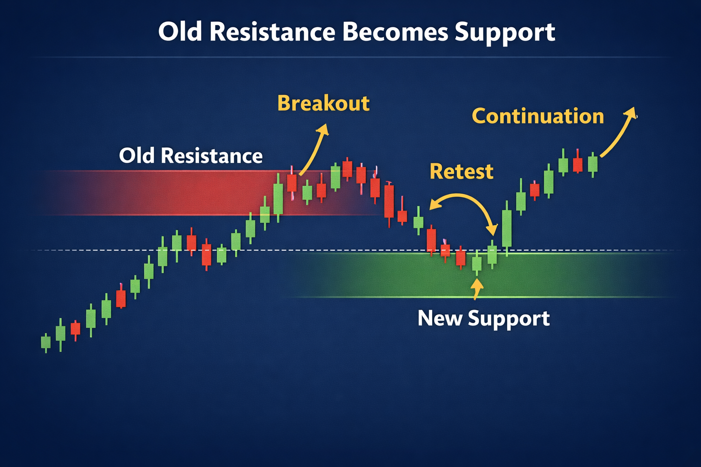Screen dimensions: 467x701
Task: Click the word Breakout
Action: pyautogui.click(x=323, y=103)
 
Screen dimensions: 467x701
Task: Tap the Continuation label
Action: pyautogui.click(x=538, y=116)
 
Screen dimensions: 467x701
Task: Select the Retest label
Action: pyautogui.click(x=461, y=171)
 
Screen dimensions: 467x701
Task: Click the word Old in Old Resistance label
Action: pyautogui.click(x=137, y=156)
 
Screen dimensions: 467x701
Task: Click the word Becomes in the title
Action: pyautogui.click(x=395, y=32)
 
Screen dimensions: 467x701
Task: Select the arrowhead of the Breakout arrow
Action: pyautogui.click(x=324, y=129)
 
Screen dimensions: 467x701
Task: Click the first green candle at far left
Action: pyautogui.click(x=46, y=342)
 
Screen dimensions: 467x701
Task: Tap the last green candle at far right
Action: pyautogui.click(x=592, y=164)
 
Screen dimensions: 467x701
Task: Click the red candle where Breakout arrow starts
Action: pyautogui.click(x=292, y=183)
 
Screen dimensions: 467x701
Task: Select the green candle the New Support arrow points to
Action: pyautogui.click(x=476, y=264)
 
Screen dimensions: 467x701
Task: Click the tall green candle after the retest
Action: pyautogui.click(x=507, y=228)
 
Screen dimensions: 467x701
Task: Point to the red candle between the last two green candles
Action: pyautogui.click(x=578, y=164)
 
